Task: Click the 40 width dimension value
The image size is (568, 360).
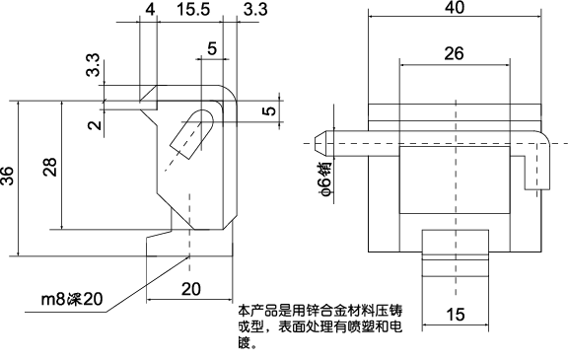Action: [x=455, y=8]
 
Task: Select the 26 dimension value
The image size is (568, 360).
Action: [x=455, y=53]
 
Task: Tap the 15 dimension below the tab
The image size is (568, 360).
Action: [x=455, y=315]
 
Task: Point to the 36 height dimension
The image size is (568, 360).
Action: [x=9, y=177]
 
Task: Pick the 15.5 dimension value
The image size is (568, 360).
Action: [x=193, y=9]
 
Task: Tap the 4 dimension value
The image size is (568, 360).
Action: [x=149, y=9]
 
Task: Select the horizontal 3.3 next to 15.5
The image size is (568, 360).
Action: [x=253, y=9]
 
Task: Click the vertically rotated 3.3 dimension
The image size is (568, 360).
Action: [x=92, y=69]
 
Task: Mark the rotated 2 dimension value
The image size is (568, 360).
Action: [x=92, y=124]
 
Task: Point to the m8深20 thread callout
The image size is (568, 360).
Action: [x=71, y=300]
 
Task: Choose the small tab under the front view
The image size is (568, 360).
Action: [x=456, y=253]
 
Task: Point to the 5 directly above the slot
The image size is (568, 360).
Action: [x=212, y=48]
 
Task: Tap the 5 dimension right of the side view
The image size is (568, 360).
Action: [x=269, y=111]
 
